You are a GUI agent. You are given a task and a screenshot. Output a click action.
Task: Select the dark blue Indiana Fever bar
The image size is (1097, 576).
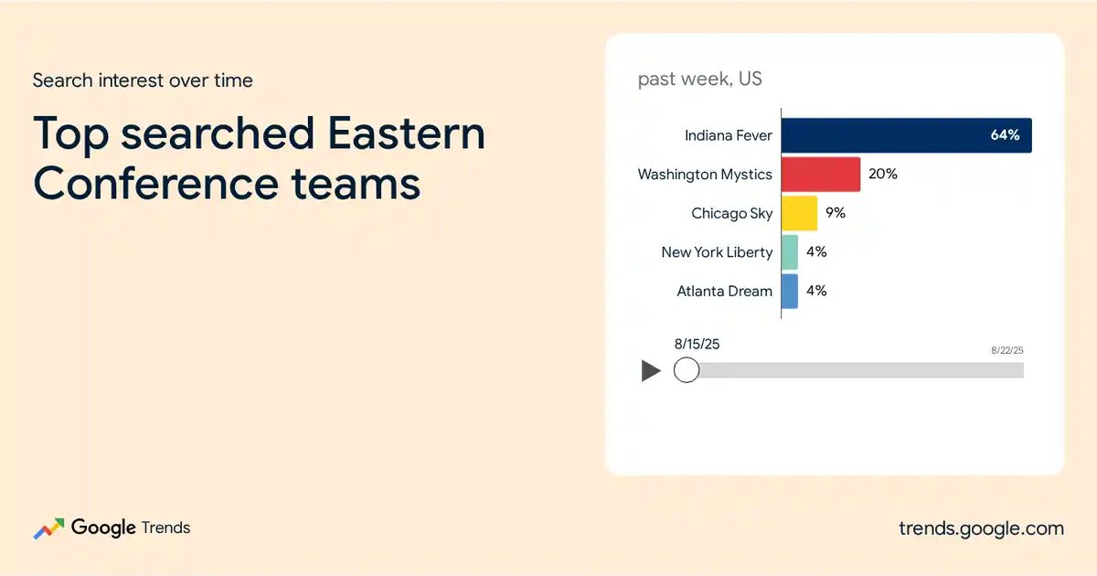[x=907, y=135]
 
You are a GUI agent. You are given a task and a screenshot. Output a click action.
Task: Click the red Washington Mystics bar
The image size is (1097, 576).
[x=821, y=175]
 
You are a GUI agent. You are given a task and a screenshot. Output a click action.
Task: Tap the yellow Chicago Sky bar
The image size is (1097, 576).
[x=799, y=213]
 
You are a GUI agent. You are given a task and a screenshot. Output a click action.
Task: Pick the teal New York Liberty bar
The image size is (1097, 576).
[x=790, y=252]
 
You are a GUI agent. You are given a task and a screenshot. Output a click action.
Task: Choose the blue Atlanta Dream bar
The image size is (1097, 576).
[x=790, y=292]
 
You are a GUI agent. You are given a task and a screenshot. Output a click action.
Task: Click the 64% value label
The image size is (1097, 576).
[x=1005, y=135]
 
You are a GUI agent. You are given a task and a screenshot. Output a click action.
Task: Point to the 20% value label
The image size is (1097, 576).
[x=883, y=174]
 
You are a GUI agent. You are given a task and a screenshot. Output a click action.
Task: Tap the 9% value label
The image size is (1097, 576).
[x=836, y=212]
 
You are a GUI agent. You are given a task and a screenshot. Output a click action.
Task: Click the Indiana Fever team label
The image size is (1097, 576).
[x=729, y=135]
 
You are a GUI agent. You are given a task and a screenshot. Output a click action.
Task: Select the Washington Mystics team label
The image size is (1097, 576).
[x=705, y=175]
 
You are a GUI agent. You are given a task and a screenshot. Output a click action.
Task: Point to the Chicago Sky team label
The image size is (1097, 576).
[x=731, y=214]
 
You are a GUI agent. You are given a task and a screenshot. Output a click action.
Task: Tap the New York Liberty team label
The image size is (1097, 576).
[x=717, y=252]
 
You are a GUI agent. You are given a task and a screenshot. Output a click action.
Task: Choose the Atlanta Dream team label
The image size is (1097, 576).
[x=724, y=291]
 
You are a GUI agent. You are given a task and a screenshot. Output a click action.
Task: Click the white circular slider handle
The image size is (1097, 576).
[x=687, y=369]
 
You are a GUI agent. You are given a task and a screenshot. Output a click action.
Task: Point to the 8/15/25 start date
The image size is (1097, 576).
[x=697, y=344]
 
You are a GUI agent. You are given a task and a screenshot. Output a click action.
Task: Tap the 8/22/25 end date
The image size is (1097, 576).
[x=1006, y=350]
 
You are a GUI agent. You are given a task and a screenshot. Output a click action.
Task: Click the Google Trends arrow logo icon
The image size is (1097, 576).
[x=48, y=528]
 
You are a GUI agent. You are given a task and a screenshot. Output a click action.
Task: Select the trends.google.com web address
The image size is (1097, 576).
[x=982, y=528]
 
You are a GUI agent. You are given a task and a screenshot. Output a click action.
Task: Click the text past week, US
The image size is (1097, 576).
[x=700, y=79]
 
